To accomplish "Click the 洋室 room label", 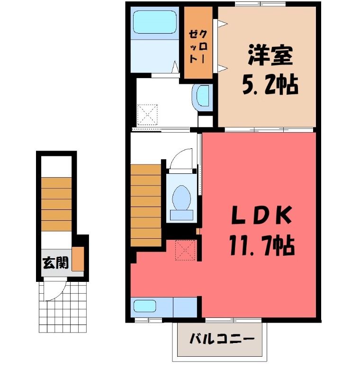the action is pos(270,55).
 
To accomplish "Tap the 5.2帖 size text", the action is pos(270,85).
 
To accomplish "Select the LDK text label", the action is pos(261,215).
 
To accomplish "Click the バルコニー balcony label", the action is pos(222,339).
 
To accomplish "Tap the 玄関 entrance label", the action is pos(56,263).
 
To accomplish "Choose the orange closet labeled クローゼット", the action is pos(198,43).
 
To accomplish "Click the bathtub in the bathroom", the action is pos(154,22).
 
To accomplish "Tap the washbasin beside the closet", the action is pos(202,97).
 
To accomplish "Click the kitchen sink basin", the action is pos(145,307).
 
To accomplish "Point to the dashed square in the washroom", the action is pos(147,115).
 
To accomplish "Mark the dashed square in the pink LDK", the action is pos(185,250).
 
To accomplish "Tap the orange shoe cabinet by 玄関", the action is pos(78,259).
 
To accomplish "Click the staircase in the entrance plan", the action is pos(56,204).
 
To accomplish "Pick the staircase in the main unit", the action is pos(146,206).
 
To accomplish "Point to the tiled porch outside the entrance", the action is pos(63,307).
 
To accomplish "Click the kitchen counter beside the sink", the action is pos(185,307).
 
